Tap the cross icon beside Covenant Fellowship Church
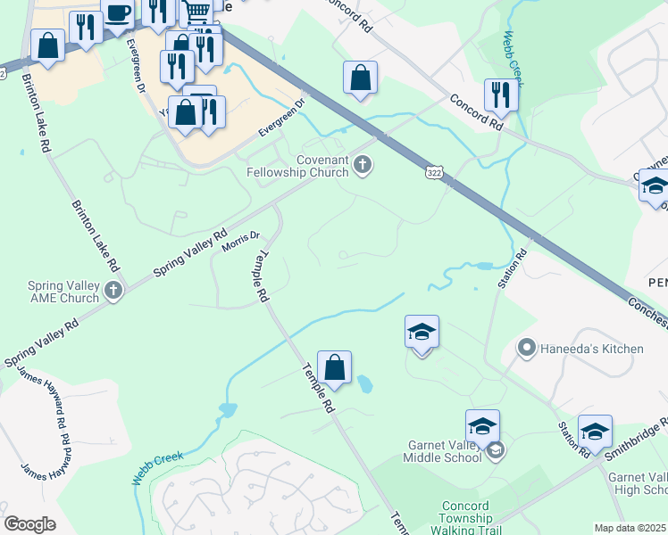pos(363,164)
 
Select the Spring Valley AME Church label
pos(63,292)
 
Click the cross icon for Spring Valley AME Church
pos(113,290)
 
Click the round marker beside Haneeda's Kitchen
pos(528,348)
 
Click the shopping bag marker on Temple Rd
pos(334,367)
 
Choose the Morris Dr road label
pos(240,242)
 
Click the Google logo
pos(29,523)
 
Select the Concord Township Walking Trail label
pos(465,518)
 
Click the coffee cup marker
pos(118,12)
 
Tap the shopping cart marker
pos(197,12)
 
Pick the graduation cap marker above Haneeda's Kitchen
pos(422,332)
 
